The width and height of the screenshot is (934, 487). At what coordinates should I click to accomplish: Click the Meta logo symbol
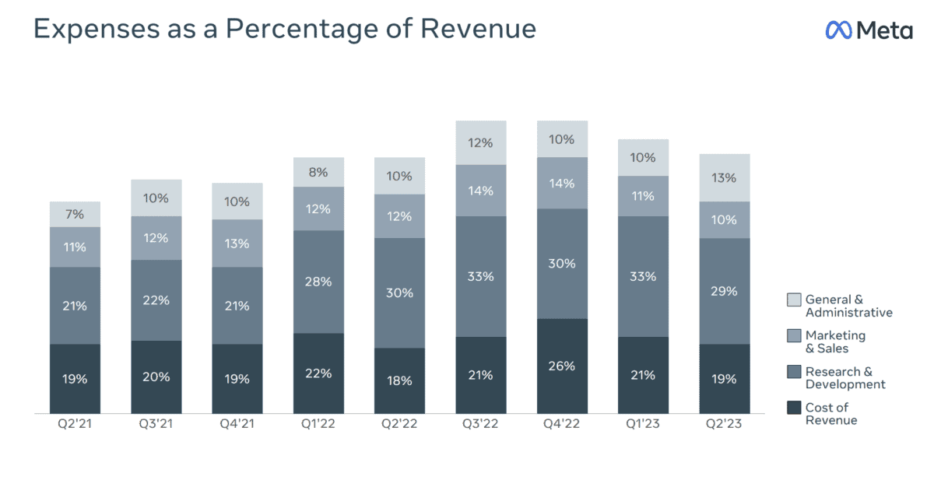click(x=839, y=30)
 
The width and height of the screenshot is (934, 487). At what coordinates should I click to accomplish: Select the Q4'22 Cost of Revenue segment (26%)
click(x=562, y=366)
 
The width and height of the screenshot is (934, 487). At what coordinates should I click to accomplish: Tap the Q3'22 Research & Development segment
click(x=480, y=276)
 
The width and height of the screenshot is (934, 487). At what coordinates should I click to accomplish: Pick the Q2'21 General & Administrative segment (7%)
click(x=75, y=214)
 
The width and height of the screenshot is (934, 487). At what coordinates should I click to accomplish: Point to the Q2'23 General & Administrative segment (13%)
click(x=725, y=177)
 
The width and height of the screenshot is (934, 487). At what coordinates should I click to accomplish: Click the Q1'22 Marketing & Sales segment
click(x=318, y=208)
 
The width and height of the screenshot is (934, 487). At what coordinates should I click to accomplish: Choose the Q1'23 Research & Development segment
click(x=643, y=276)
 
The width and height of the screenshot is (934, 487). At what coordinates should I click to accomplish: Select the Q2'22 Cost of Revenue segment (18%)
click(x=399, y=380)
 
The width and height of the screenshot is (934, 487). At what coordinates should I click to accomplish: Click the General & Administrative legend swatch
click(x=794, y=300)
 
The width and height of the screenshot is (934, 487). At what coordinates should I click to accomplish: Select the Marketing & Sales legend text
click(x=835, y=342)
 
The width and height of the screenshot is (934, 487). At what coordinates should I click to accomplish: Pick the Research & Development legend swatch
click(x=794, y=372)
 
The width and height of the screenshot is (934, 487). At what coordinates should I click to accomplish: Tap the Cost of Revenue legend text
click(x=831, y=414)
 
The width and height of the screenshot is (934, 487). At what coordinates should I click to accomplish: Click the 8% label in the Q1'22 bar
click(x=318, y=172)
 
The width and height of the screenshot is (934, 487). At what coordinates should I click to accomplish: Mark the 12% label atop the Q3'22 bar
click(x=480, y=142)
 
